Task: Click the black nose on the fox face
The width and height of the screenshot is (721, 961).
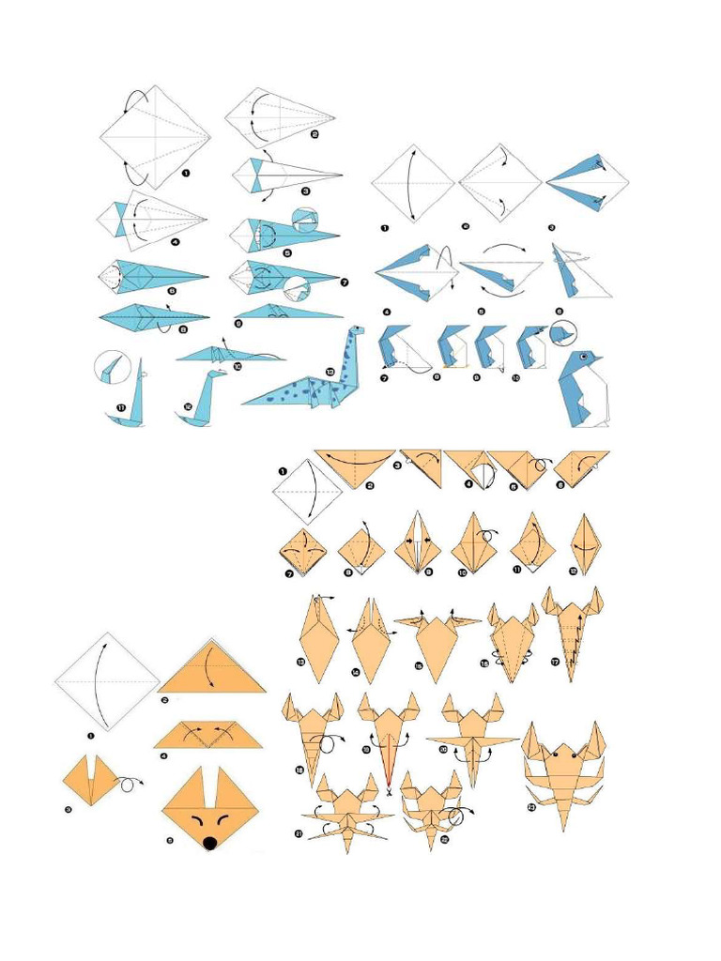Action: point(210,842)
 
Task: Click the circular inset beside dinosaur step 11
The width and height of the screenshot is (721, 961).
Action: point(111,367)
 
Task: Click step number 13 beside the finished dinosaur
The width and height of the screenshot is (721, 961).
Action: point(330,372)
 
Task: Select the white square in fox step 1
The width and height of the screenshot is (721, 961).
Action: point(106,681)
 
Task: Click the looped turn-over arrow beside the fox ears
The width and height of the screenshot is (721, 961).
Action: point(130,779)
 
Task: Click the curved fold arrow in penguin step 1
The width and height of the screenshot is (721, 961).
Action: point(413,183)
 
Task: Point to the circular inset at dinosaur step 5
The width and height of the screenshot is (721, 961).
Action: point(305,221)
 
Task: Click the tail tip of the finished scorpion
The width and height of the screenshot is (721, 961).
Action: point(564,827)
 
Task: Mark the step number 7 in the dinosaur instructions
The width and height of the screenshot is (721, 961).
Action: point(344,282)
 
